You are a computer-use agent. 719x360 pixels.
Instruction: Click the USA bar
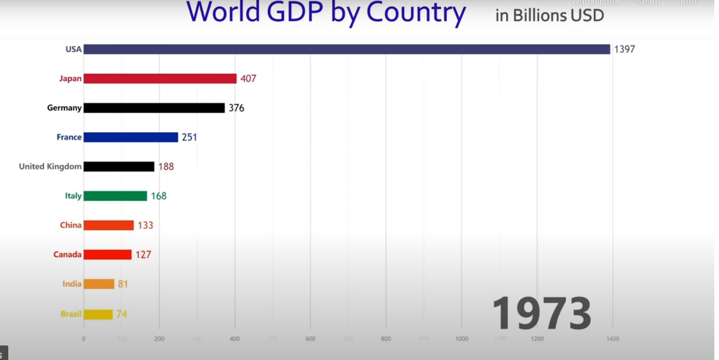click(x=347, y=49)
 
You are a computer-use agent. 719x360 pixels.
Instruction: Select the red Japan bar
click(x=160, y=79)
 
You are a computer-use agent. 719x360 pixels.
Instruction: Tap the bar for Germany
click(x=154, y=108)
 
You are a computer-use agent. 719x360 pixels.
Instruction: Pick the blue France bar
click(x=131, y=137)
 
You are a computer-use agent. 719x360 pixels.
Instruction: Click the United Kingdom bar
click(x=119, y=166)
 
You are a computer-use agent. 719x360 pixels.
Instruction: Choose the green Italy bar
click(x=115, y=196)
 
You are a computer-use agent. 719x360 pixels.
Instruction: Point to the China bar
click(x=109, y=225)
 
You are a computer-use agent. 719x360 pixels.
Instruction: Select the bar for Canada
click(x=108, y=254)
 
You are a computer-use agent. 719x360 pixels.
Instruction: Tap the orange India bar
click(x=99, y=284)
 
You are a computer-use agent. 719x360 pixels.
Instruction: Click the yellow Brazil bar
click(x=98, y=314)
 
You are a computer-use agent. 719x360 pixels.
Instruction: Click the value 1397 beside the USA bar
click(x=624, y=50)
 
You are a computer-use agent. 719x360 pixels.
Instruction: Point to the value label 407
click(x=248, y=79)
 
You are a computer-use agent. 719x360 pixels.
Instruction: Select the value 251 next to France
click(x=189, y=137)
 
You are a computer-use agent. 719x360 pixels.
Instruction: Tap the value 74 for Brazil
click(x=122, y=314)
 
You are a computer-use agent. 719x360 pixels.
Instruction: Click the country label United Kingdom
click(x=50, y=166)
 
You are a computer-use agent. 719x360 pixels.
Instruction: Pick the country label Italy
click(x=73, y=196)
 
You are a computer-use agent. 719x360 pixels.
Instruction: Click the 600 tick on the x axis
click(x=311, y=339)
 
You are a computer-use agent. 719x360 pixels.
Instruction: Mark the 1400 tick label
click(x=613, y=339)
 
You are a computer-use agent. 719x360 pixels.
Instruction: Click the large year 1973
click(x=541, y=313)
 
